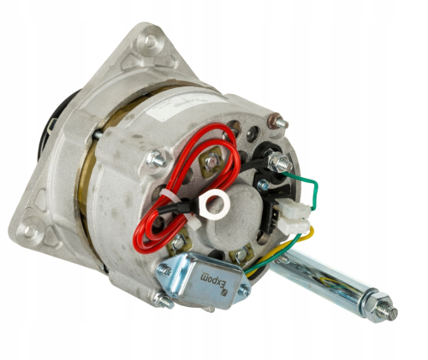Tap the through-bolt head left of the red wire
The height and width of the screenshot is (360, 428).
coord(157,157)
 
